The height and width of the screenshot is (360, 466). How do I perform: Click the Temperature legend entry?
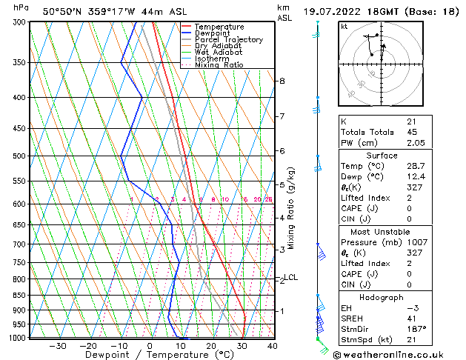(218, 27)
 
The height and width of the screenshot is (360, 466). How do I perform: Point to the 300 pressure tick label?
(19, 22)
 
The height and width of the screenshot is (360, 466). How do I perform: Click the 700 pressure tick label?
(19, 244)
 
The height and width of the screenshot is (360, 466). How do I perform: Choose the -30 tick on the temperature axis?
(58, 345)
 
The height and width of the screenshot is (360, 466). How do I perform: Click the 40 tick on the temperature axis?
(272, 345)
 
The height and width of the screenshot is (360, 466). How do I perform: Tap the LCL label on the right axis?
(291, 278)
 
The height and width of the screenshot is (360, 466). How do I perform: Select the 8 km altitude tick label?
(282, 80)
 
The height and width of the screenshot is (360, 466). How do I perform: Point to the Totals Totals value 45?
(412, 132)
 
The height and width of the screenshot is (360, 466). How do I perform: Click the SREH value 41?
(412, 319)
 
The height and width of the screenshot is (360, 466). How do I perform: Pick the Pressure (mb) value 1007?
(417, 242)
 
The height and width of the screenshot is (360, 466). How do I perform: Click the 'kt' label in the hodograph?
(344, 26)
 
